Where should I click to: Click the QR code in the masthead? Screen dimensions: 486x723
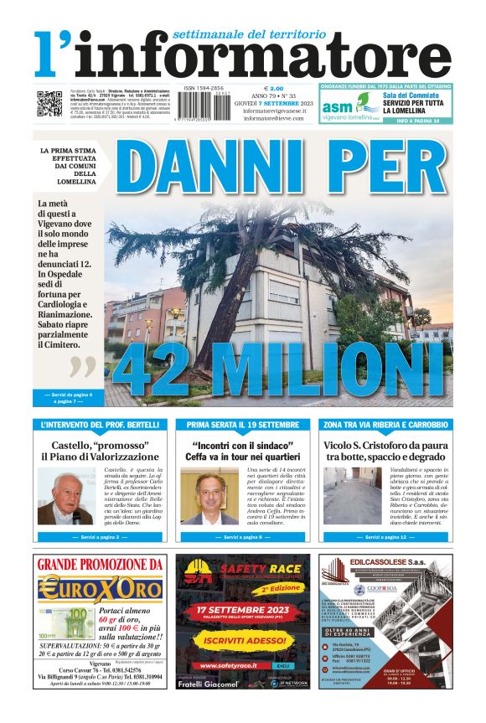click(x=49, y=103)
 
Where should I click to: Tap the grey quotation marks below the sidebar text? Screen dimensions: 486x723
click(x=83, y=367)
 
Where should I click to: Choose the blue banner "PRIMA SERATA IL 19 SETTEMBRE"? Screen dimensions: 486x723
click(x=242, y=426)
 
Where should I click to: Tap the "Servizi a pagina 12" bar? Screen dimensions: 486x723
click(x=385, y=536)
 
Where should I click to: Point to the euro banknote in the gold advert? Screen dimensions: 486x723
click(x=68, y=623)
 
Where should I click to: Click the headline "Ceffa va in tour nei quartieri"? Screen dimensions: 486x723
click(x=242, y=457)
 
